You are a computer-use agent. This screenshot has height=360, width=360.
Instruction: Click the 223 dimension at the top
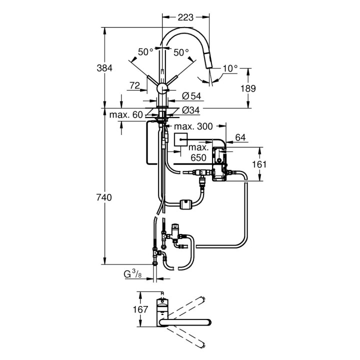[185, 17]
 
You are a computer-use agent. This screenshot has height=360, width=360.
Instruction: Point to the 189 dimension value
[248, 88]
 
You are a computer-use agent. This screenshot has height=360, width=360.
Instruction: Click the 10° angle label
[230, 68]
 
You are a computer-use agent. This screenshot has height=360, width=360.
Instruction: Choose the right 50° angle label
[181, 51]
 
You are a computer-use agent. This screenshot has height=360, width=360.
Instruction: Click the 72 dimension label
[134, 86]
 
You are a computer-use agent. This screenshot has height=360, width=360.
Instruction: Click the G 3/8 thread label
[134, 274]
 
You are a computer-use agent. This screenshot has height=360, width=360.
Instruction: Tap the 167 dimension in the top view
[141, 309]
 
